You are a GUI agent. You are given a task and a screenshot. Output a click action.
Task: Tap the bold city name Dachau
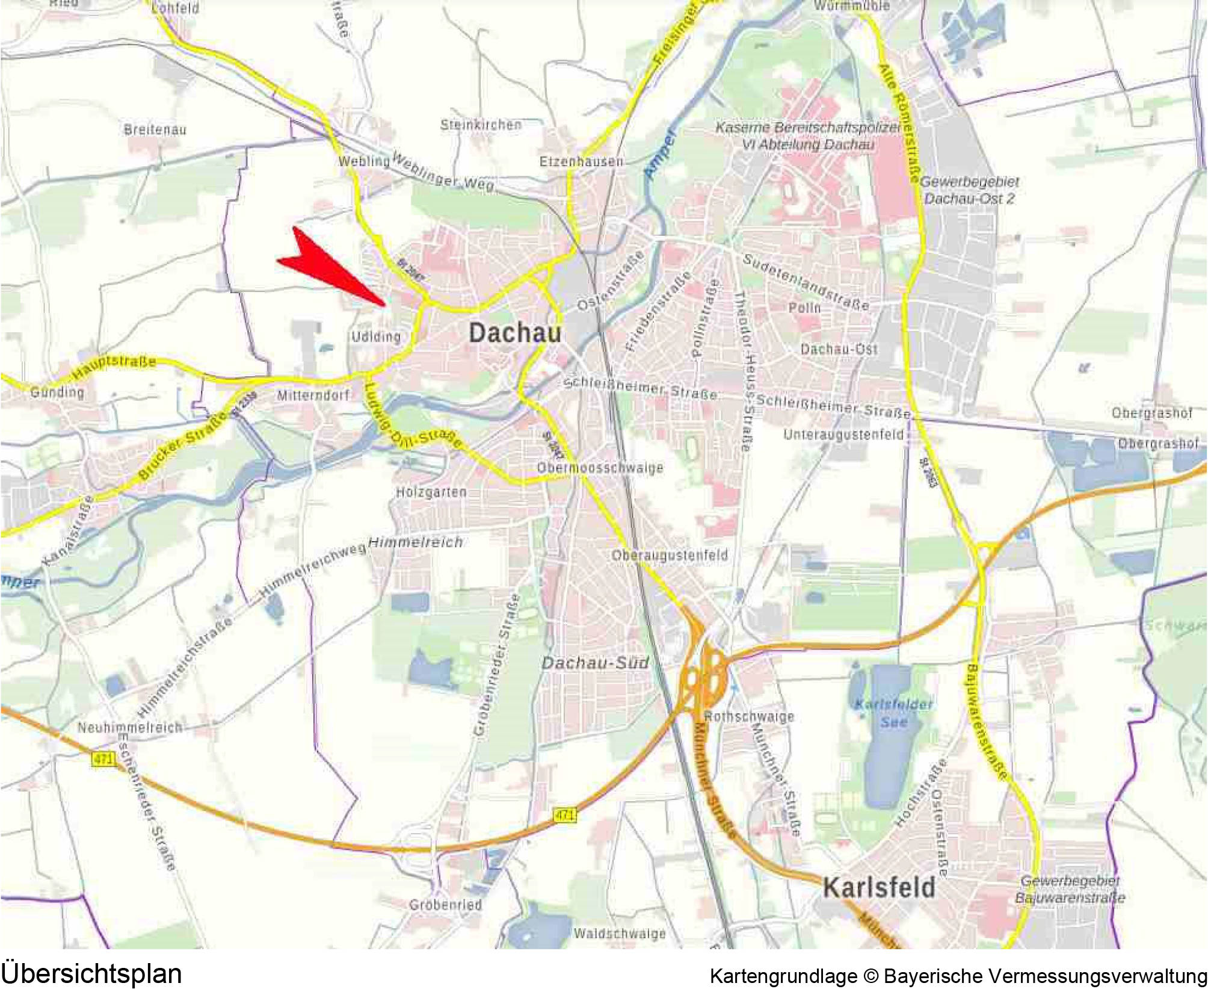pos(514,333)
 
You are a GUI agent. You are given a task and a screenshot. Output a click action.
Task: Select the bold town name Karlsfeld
pos(878,888)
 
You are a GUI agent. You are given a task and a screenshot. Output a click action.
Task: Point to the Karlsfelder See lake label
pos(893,713)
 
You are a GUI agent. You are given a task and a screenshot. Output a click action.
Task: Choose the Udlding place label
pos(376,336)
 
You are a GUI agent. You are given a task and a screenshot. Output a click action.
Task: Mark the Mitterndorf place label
pos(313,395)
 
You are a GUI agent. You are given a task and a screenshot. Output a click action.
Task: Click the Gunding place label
pos(57,392)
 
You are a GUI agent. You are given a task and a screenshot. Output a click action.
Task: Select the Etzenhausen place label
pos(581,161)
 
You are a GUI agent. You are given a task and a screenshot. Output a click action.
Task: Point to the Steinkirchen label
pos(481,125)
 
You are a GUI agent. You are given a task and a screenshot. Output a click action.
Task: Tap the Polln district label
pos(804,308)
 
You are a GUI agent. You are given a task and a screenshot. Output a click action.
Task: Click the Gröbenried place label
pos(445,905)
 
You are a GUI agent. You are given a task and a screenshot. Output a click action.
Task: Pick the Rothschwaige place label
pos(749,716)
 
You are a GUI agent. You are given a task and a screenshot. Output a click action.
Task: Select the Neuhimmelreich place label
pos(130,727)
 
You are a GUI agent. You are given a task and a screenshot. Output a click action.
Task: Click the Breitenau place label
pos(155,129)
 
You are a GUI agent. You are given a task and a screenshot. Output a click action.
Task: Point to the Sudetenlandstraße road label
pos(806,281)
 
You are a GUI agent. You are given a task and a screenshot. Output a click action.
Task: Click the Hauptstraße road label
pos(114,368)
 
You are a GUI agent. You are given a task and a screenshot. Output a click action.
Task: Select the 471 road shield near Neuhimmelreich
pos(103,759)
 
